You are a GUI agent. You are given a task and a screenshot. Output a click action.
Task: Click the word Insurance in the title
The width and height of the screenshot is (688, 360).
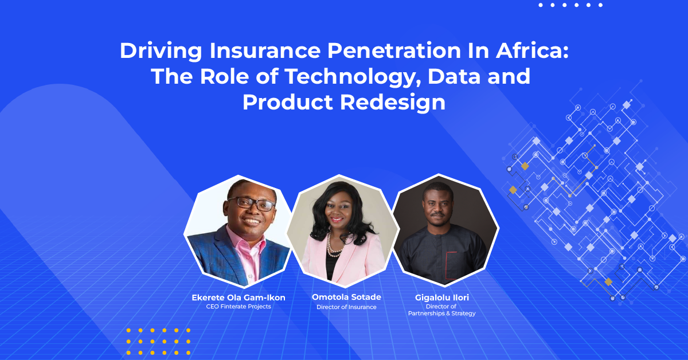point(265,50)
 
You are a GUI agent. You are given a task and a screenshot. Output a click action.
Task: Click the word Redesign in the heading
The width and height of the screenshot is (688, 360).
point(393,103)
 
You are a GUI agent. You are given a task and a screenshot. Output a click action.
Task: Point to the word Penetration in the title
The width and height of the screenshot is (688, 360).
point(394,50)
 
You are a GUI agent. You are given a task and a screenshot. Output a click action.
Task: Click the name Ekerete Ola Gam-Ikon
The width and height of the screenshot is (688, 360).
point(239,298)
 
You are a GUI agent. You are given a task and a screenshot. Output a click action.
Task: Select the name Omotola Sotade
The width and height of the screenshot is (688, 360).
point(346,297)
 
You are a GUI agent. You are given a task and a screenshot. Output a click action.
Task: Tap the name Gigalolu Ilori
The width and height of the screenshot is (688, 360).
point(441,298)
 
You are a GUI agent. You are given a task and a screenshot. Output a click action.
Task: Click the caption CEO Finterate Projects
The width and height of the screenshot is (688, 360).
point(239,307)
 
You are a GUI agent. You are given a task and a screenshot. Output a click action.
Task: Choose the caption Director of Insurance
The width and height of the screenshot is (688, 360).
point(346,307)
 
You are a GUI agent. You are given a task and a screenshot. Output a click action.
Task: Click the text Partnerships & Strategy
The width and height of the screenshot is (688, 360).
point(441,314)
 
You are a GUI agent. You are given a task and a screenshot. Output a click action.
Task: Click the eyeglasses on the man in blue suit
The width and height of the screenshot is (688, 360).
point(252,204)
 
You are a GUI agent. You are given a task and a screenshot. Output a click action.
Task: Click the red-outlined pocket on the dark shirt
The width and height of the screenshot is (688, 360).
point(452,265)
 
